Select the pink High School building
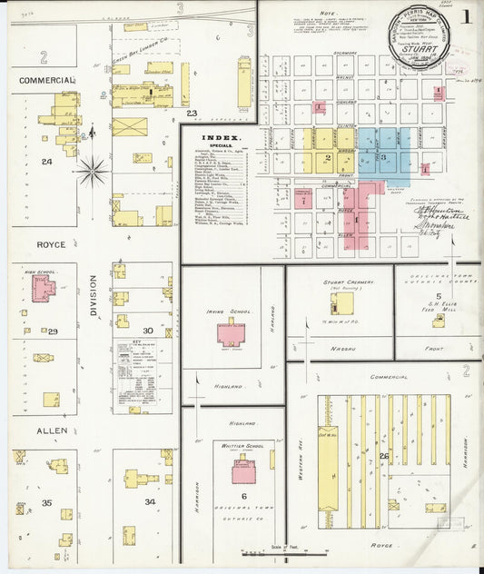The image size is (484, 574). (x=43, y=290)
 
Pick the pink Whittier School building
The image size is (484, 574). (x=242, y=471)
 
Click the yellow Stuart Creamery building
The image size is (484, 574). (x=341, y=302)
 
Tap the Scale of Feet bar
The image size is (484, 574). (x=268, y=551)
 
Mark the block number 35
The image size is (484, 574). (x=46, y=501)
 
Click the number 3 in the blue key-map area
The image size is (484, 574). (x=383, y=158)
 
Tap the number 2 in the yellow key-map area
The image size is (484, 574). (x=327, y=157)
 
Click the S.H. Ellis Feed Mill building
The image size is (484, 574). (x=439, y=320)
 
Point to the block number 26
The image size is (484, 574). (x=384, y=456)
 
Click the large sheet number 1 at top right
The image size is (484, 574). (x=465, y=16)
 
